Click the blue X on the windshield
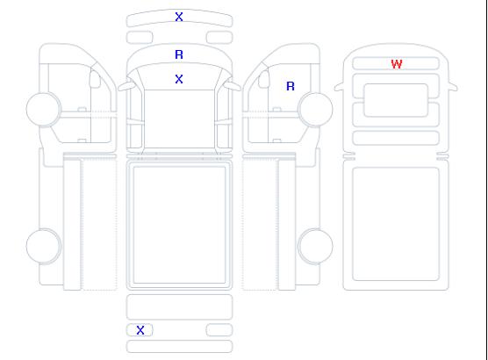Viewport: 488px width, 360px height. point(179,79)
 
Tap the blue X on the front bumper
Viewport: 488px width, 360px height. point(179,17)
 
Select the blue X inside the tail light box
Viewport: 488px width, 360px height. point(140,330)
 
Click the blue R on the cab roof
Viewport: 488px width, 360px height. point(179,54)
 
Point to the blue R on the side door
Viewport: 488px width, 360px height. point(291,86)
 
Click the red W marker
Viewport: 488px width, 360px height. point(397,64)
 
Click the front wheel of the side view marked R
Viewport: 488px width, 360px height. point(315,109)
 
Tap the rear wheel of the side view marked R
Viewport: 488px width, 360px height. point(315,246)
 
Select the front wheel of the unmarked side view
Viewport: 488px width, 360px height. point(44,109)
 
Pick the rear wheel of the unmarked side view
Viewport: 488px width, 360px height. point(44,246)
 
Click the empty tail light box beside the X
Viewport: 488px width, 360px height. point(219,330)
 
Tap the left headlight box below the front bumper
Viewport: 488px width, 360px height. point(140,38)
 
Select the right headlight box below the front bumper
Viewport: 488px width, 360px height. point(219,38)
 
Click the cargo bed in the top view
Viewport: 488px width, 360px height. point(179,225)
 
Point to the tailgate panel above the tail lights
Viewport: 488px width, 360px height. point(179,306)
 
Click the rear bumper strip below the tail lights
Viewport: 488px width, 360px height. point(179,347)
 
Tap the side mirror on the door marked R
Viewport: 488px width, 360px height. point(264,79)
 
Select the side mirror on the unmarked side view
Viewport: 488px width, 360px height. point(95,79)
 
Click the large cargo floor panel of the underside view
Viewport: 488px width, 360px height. point(396,224)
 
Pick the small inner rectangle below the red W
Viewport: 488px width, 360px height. point(396,100)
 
